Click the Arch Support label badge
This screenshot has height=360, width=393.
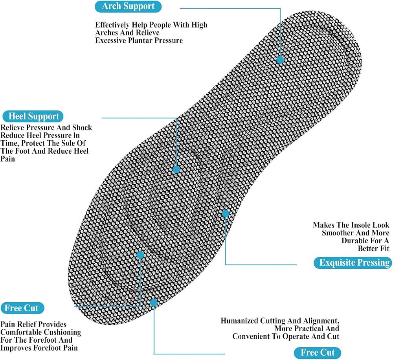point(128,6)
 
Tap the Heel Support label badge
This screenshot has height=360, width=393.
point(33,116)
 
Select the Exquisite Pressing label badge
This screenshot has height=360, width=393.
point(353,263)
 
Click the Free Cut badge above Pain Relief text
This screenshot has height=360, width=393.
point(22,308)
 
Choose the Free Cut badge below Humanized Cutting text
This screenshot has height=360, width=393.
point(318,353)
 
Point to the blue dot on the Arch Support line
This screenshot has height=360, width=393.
point(280,60)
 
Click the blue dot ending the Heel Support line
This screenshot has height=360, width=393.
point(176,169)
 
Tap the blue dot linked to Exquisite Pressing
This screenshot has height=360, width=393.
point(226,213)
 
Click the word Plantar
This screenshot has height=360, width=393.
point(140,40)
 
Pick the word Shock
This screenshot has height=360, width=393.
point(82,127)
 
